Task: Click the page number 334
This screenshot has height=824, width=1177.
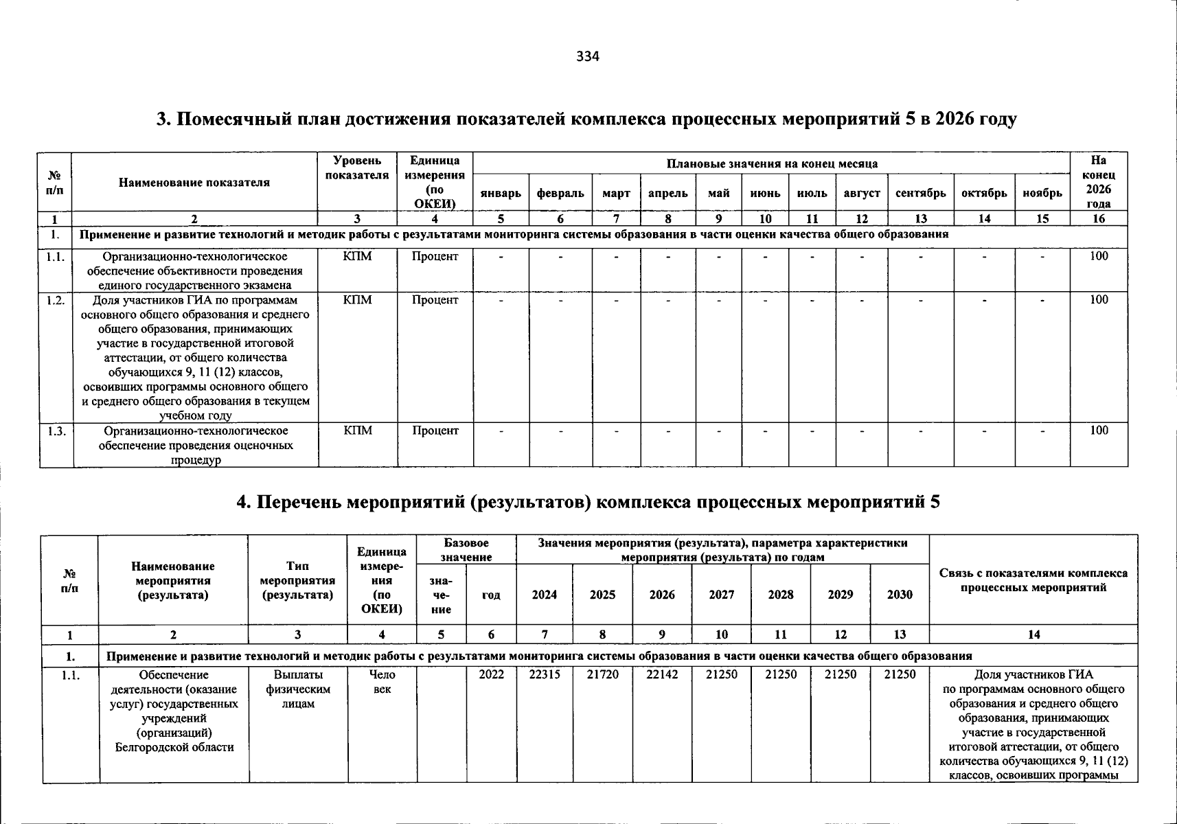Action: pyautogui.click(x=588, y=57)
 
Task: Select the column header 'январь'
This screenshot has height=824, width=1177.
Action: pyautogui.click(x=501, y=194)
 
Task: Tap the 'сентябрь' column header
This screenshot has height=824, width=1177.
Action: pyautogui.click(x=920, y=194)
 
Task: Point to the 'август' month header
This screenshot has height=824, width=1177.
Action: pyautogui.click(x=862, y=194)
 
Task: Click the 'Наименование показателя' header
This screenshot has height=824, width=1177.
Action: pyautogui.click(x=194, y=183)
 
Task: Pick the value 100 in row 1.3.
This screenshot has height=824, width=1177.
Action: pyautogui.click(x=1099, y=431)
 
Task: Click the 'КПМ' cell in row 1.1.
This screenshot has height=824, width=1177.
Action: pyautogui.click(x=358, y=256)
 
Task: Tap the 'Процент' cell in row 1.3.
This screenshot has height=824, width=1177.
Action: pyautogui.click(x=435, y=431)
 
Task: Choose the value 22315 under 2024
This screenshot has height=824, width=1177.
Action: pyautogui.click(x=545, y=675)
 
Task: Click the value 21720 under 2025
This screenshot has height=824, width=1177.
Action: pyautogui.click(x=602, y=675)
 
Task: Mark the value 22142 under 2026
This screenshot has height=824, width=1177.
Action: pyautogui.click(x=662, y=675)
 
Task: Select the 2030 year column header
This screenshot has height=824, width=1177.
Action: pyautogui.click(x=900, y=595)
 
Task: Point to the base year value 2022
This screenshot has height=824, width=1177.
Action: pyautogui.click(x=491, y=675)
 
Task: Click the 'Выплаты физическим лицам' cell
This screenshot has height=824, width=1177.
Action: pyautogui.click(x=298, y=689)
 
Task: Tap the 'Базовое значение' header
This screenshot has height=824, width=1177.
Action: pyautogui.click(x=466, y=550)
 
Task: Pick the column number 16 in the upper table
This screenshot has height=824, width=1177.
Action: pyautogui.click(x=1099, y=219)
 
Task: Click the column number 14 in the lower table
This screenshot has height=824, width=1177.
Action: pyautogui.click(x=1033, y=635)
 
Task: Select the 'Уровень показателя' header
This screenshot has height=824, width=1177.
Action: pyautogui.click(x=358, y=168)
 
